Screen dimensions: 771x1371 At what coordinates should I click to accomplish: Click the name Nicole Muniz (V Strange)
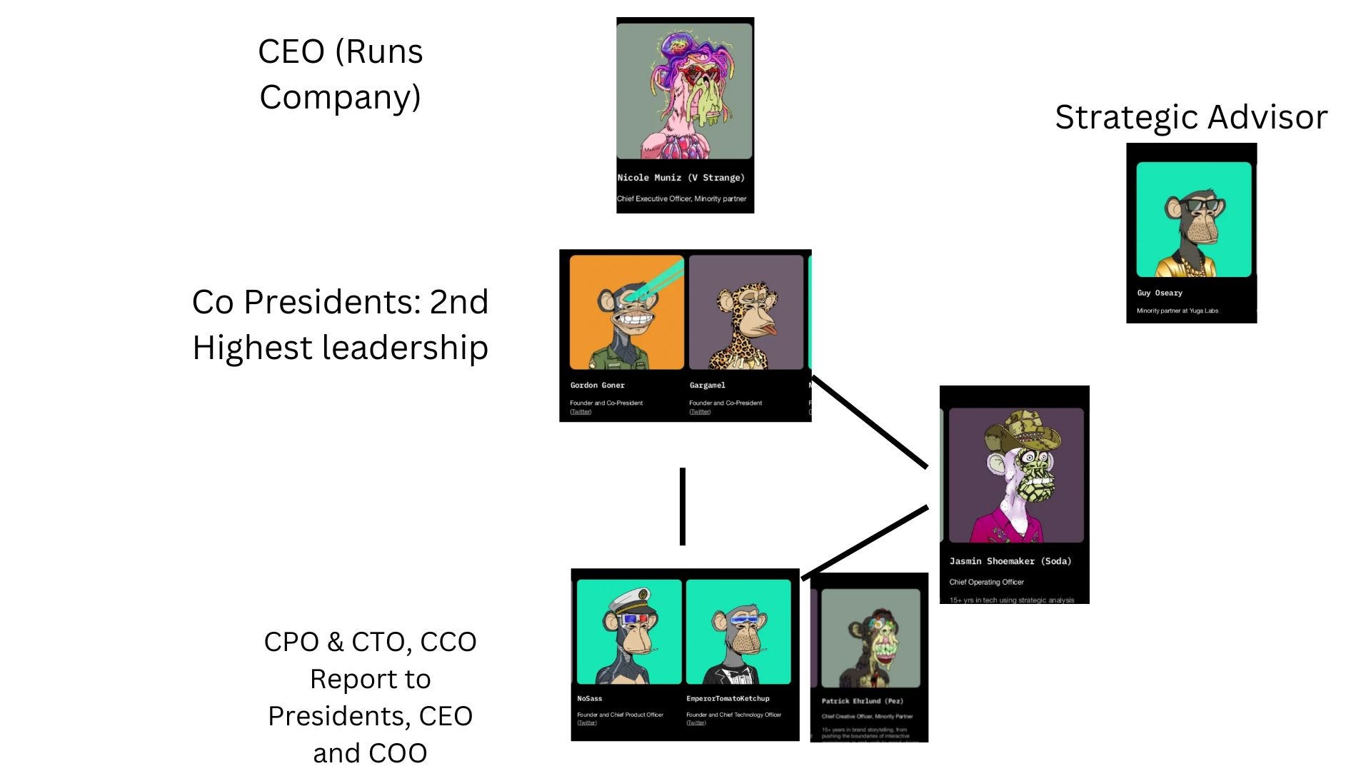pyautogui.click(x=681, y=178)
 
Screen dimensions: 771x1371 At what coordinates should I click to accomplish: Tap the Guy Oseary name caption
pyautogui.click(x=1160, y=293)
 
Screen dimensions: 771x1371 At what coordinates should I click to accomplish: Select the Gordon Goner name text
pyautogui.click(x=597, y=385)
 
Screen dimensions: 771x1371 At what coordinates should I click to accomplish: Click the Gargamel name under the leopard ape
pyautogui.click(x=707, y=385)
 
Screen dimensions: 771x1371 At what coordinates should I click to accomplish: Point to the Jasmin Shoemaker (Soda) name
pyautogui.click(x=1010, y=561)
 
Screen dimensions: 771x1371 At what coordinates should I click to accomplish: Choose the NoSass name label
pyautogui.click(x=589, y=698)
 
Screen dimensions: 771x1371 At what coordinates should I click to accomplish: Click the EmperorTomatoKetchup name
pyautogui.click(x=728, y=698)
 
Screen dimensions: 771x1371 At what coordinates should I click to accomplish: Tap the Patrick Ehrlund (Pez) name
pyautogui.click(x=862, y=701)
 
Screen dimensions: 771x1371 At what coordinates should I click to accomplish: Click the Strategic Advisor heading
pyautogui.click(x=1190, y=117)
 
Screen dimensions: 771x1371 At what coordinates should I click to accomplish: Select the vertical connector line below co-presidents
pyautogui.click(x=683, y=506)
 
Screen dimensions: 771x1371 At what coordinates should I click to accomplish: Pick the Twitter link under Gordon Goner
pyautogui.click(x=581, y=412)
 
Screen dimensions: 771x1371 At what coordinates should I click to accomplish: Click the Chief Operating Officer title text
pyautogui.click(x=986, y=582)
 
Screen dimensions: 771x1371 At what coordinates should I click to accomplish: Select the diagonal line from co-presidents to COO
pyautogui.click(x=870, y=422)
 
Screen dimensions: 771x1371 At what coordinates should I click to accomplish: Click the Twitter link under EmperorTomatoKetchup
pyautogui.click(x=695, y=723)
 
